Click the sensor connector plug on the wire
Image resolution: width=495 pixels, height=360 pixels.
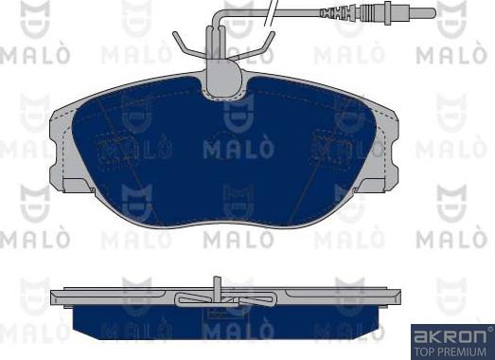tap(378, 13)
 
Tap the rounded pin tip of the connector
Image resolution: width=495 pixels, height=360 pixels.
tap(433, 13)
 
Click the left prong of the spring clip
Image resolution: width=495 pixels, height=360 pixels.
tap(186, 44)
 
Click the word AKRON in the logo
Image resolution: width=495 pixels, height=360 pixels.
tap(451, 336)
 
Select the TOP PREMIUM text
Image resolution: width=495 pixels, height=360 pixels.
tap(451, 351)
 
